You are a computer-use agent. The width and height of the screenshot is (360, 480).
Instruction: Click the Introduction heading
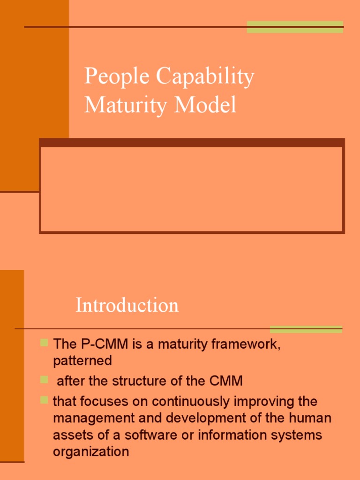(x=127, y=305)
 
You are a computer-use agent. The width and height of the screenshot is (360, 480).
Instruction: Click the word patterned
(x=82, y=361)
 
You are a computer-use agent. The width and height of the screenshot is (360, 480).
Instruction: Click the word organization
(x=91, y=452)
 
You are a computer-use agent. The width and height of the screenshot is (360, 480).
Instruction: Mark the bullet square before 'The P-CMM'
(x=44, y=343)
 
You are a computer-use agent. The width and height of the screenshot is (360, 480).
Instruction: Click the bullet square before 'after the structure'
(x=44, y=379)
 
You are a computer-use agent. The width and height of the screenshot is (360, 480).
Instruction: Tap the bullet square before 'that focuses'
(x=44, y=400)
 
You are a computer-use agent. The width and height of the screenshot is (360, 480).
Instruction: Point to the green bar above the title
(x=295, y=27)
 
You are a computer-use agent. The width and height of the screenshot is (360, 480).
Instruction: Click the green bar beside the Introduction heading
(x=306, y=329)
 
